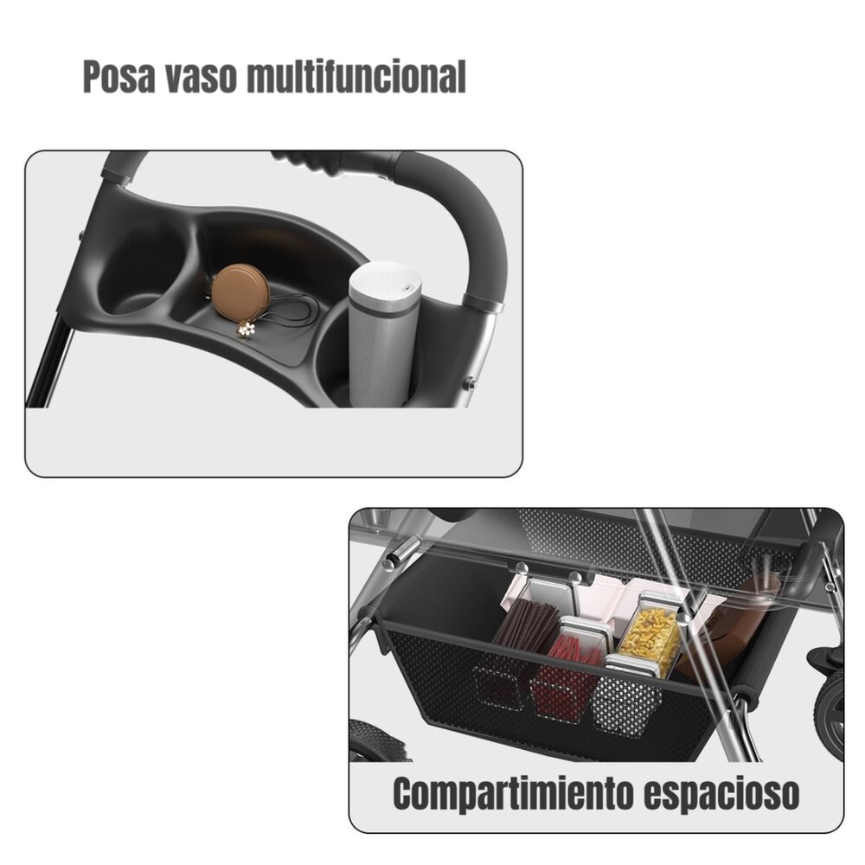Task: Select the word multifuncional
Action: pos(356,77)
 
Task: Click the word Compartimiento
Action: pos(510,793)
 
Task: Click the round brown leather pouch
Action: pos(240,293)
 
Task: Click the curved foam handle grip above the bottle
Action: pos(467,216)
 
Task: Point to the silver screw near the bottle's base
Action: pos(468,382)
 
